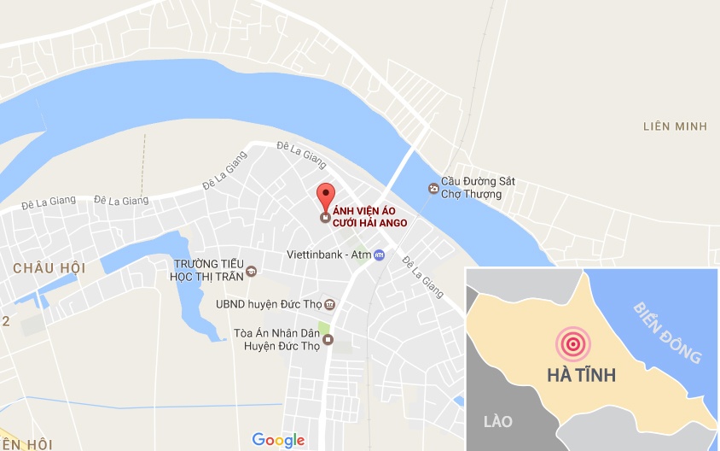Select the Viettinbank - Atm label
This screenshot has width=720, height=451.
tap(327, 255)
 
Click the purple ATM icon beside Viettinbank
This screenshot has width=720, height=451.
tap(380, 255)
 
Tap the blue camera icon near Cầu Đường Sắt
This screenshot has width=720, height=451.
tap(433, 187)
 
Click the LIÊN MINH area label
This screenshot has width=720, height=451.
tap(675, 126)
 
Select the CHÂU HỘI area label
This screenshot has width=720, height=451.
tap(49, 268)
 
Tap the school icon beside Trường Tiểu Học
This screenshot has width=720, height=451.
tap(252, 272)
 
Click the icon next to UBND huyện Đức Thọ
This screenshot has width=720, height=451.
tap(330, 305)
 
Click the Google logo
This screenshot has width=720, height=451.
tap(278, 440)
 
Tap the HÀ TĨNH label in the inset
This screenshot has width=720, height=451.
tap(580, 376)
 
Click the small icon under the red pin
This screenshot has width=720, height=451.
tap(324, 218)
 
